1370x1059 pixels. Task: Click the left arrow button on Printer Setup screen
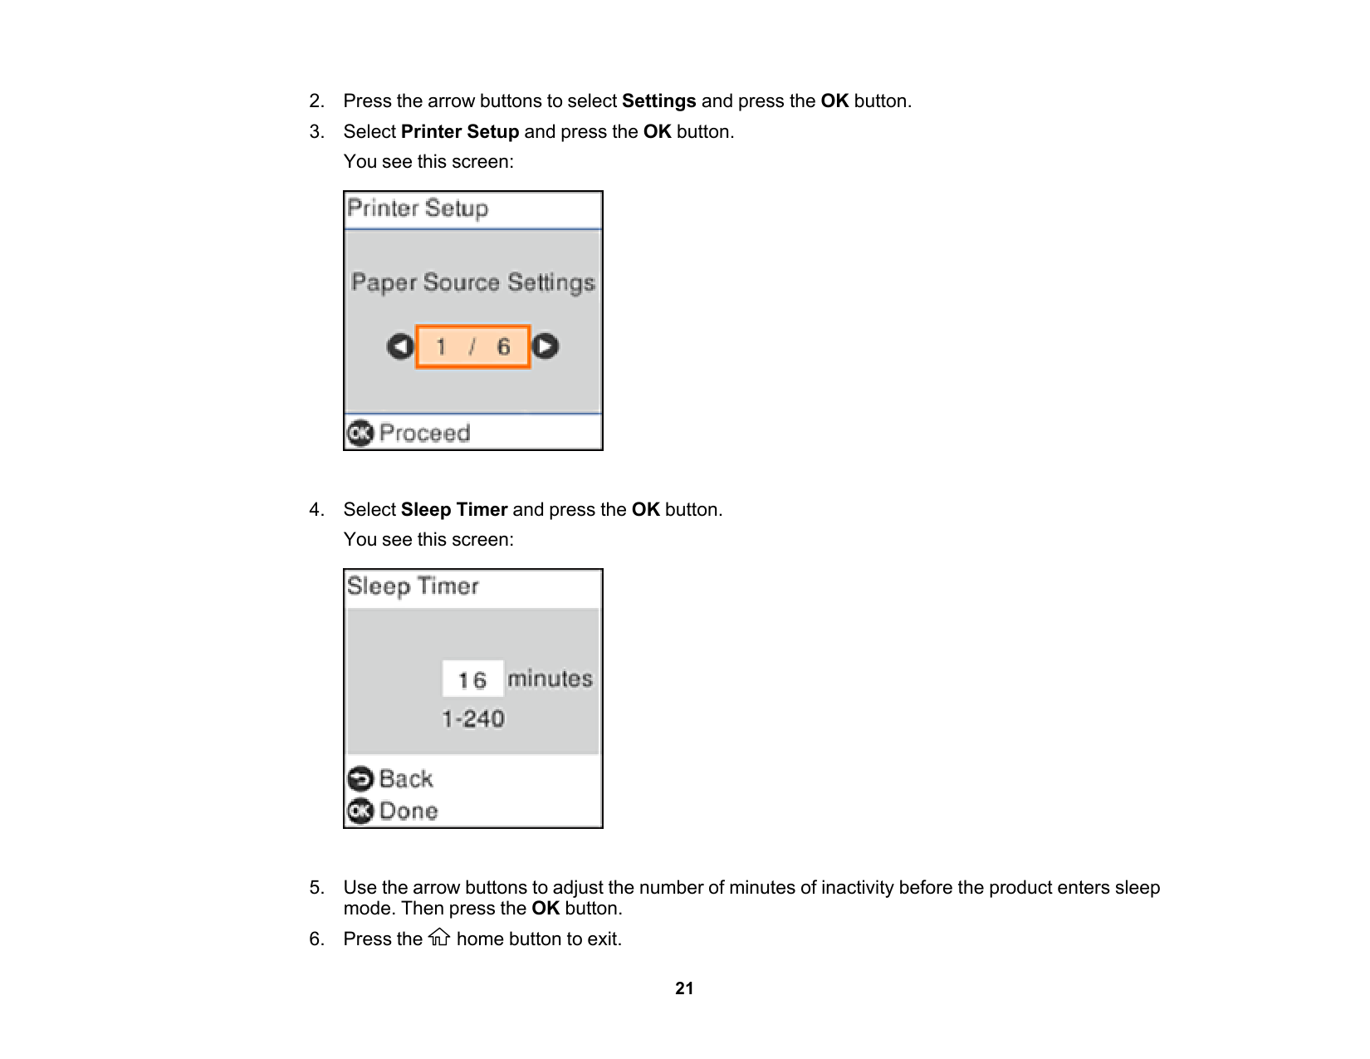(400, 346)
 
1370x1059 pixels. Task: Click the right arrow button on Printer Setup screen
(546, 346)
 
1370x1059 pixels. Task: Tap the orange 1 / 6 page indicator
(472, 346)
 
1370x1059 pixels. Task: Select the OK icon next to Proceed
(360, 433)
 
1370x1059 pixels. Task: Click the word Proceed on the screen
(424, 433)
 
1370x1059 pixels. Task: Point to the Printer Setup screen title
(418, 208)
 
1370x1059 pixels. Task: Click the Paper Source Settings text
(472, 282)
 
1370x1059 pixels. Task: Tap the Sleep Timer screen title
(413, 586)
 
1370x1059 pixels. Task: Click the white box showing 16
(472, 679)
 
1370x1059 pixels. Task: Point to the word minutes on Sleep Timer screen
(550, 679)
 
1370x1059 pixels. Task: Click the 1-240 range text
(472, 718)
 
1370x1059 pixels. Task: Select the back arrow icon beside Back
(360, 779)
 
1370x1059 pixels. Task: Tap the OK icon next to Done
(360, 811)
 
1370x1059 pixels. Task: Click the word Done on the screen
(409, 811)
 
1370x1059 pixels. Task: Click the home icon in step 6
(439, 938)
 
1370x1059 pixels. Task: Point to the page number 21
(684, 988)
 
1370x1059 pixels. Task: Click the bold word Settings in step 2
(658, 101)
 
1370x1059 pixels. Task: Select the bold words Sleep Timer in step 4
(454, 510)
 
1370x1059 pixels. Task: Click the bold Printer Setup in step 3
(460, 132)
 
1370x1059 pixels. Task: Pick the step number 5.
(316, 888)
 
